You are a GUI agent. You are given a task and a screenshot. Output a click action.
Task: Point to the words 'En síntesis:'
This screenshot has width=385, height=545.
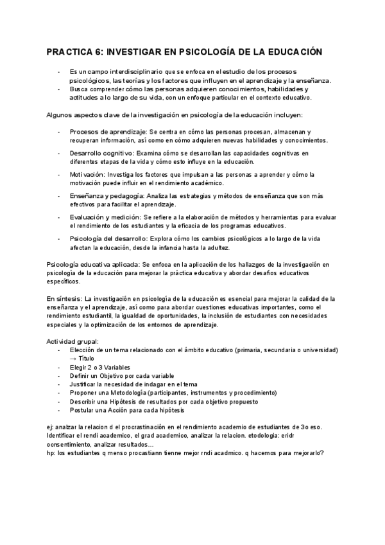coord(64,299)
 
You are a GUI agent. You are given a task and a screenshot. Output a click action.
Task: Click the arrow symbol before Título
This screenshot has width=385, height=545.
coord(74,358)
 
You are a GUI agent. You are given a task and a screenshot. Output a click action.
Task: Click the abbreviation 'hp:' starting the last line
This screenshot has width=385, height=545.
coord(51,452)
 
